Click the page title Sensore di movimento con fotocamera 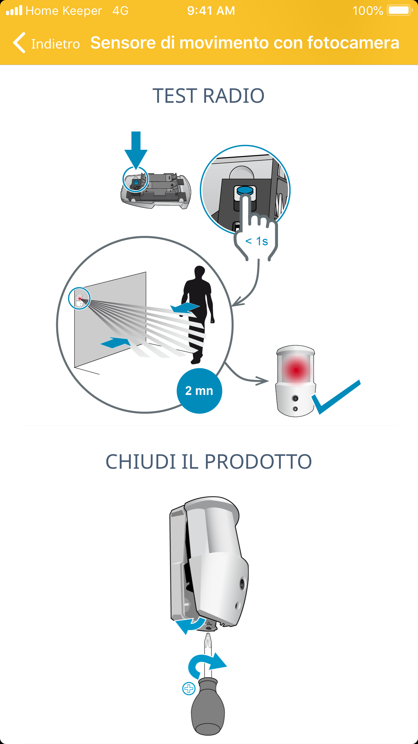(245, 43)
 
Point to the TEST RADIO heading (209, 96)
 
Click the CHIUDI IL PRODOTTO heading (209, 462)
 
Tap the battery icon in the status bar (400, 10)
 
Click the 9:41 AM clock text (211, 11)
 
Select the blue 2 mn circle (199, 391)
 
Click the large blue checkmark (336, 397)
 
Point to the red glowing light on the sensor (296, 370)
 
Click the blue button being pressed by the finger (245, 191)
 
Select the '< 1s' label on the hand (257, 241)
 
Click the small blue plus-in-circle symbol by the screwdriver (189, 688)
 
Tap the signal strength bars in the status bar (14, 10)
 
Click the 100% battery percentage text (368, 11)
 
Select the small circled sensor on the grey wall (79, 299)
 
